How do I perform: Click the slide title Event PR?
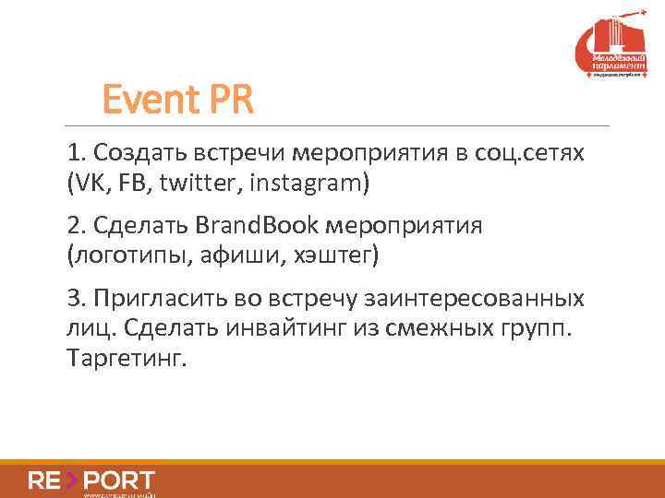point(177,100)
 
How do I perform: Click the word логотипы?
point(127,255)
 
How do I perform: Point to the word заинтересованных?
point(479,299)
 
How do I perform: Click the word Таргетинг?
point(126,358)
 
